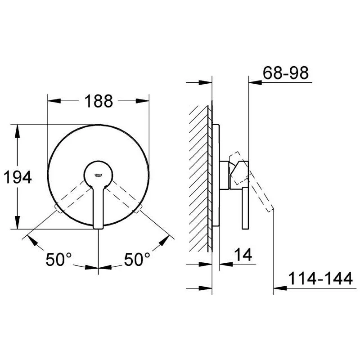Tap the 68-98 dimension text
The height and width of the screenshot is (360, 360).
(x=286, y=73)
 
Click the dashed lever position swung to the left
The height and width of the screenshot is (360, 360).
(x=70, y=196)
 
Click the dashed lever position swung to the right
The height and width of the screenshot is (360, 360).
(x=126, y=196)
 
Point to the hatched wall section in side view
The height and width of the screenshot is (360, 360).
(x=199, y=180)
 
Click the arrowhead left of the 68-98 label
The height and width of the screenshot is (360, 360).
(x=254, y=82)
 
